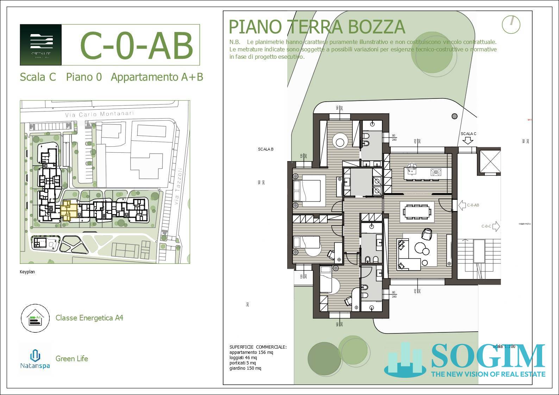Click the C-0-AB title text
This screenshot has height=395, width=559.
pyautogui.click(x=137, y=46)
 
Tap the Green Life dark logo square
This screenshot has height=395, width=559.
pyautogui.click(x=41, y=45)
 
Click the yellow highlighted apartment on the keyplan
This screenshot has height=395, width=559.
pyautogui.click(x=68, y=210)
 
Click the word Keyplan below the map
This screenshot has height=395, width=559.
pyautogui.click(x=27, y=272)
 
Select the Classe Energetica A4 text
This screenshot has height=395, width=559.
pyautogui.click(x=89, y=318)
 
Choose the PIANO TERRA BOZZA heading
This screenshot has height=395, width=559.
pyautogui.click(x=317, y=27)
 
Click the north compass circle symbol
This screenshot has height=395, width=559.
pyautogui.click(x=511, y=25)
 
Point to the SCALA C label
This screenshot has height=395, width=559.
pyautogui.click(x=468, y=134)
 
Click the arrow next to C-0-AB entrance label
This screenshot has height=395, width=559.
pyautogui.click(x=461, y=205)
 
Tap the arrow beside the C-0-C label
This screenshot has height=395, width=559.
pyautogui.click(x=496, y=227)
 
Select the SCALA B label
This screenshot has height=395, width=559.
pyautogui.click(x=266, y=149)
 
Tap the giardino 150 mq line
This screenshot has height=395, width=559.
pyautogui.click(x=245, y=368)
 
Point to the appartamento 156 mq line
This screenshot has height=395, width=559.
pyautogui.click(x=251, y=352)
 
